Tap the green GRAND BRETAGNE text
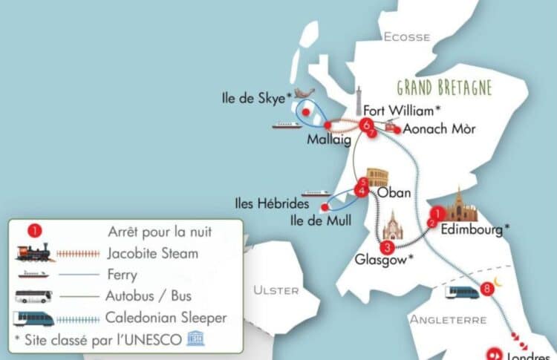445,88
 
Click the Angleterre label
448,320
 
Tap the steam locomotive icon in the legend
34,253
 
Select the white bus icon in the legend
34,296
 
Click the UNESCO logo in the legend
195,338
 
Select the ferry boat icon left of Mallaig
287,125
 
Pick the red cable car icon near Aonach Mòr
390,126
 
